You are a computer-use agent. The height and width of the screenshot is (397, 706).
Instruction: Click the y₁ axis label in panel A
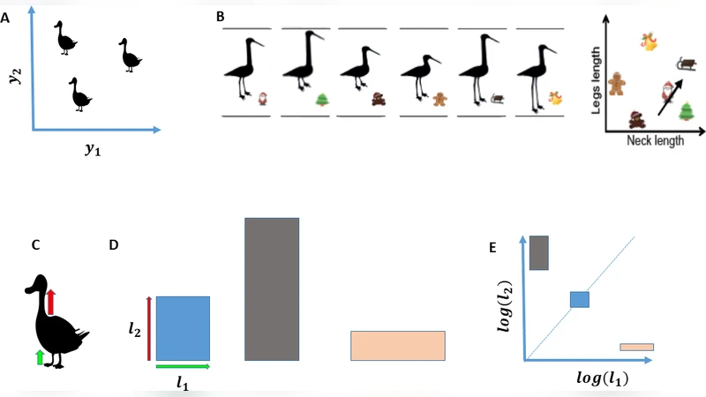coord(92,150)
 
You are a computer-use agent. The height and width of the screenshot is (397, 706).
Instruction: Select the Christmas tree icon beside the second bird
coord(322,99)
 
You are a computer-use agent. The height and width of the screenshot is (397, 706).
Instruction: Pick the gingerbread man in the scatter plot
coord(618,81)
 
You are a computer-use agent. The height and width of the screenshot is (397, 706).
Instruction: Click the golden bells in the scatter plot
coord(650,41)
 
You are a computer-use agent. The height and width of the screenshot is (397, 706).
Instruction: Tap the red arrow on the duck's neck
coord(51,300)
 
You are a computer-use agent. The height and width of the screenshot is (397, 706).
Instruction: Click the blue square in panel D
coord(183,328)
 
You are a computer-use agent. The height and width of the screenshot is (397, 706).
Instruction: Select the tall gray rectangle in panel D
coord(272,288)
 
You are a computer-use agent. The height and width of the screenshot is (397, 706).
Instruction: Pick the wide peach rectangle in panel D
coord(397,346)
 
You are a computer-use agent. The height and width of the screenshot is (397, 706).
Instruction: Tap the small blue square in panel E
coord(579,299)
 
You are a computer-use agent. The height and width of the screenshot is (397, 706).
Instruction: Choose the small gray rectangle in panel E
coord(539,252)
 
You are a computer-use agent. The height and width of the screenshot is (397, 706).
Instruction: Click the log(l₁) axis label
coord(607,378)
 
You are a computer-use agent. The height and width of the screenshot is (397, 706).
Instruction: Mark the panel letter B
coord(220,15)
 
